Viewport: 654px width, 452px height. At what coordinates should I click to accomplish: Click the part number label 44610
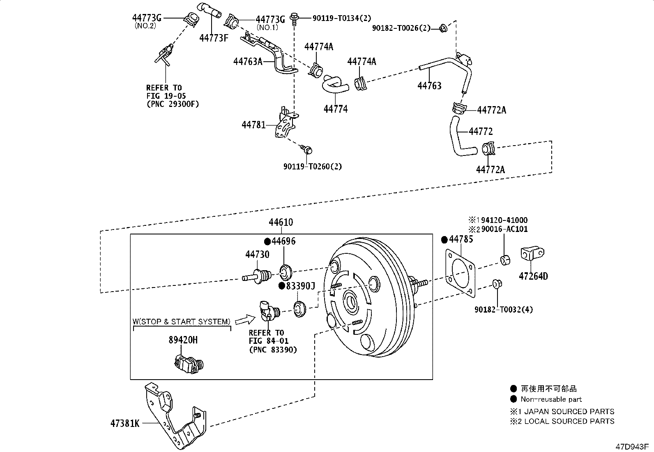(x=281, y=223)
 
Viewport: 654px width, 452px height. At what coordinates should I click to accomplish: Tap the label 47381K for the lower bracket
(x=124, y=423)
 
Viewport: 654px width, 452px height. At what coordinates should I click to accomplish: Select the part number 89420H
(x=183, y=340)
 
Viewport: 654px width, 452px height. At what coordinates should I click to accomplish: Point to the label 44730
(x=257, y=255)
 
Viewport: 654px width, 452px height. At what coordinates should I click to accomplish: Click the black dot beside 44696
(x=267, y=241)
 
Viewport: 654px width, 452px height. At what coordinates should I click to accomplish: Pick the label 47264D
(x=533, y=276)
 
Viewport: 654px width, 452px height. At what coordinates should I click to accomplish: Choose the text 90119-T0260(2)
(x=313, y=167)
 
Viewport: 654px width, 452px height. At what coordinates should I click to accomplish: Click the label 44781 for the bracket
(x=253, y=125)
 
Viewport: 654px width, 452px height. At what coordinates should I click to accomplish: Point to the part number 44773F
(x=214, y=38)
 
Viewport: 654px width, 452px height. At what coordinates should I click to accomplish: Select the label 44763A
(x=248, y=62)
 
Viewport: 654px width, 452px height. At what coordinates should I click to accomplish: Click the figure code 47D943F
(x=631, y=446)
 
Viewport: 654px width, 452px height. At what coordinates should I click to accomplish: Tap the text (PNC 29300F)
(x=173, y=104)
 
